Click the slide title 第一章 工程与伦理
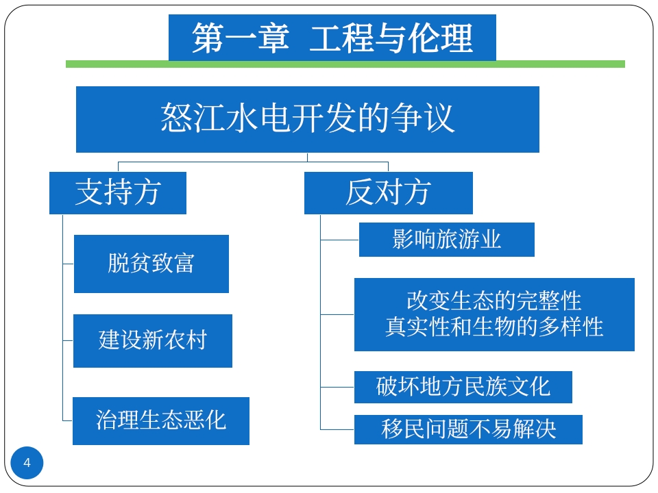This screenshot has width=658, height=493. [x=332, y=38]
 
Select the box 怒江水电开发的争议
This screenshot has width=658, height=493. [x=307, y=119]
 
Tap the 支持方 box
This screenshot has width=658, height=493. [x=118, y=192]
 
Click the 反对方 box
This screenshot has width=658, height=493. [x=388, y=192]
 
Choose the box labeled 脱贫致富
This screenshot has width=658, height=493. [x=151, y=264]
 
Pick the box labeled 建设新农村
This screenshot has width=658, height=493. [x=153, y=340]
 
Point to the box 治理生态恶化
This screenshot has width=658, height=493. [x=161, y=420]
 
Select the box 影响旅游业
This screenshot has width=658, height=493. [x=446, y=239]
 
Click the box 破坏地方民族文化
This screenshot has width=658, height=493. [x=463, y=387]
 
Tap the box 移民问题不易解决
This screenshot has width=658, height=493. [x=468, y=429]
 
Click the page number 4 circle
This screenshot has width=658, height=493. [x=27, y=463]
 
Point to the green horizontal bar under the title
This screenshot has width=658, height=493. [x=345, y=64]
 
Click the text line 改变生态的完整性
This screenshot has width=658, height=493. [x=493, y=301]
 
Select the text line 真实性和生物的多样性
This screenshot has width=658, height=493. [x=493, y=327]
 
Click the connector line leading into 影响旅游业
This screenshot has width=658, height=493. [x=340, y=240]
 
